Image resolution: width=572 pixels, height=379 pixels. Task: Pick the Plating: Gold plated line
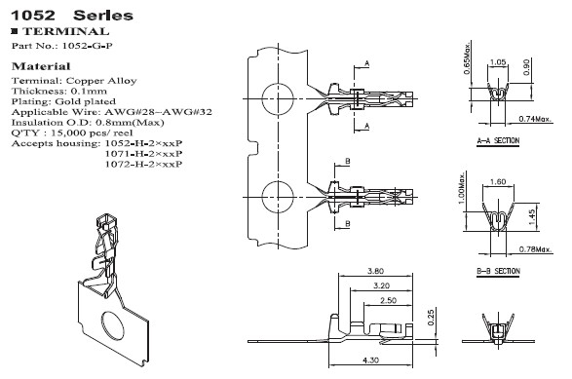[63, 101]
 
